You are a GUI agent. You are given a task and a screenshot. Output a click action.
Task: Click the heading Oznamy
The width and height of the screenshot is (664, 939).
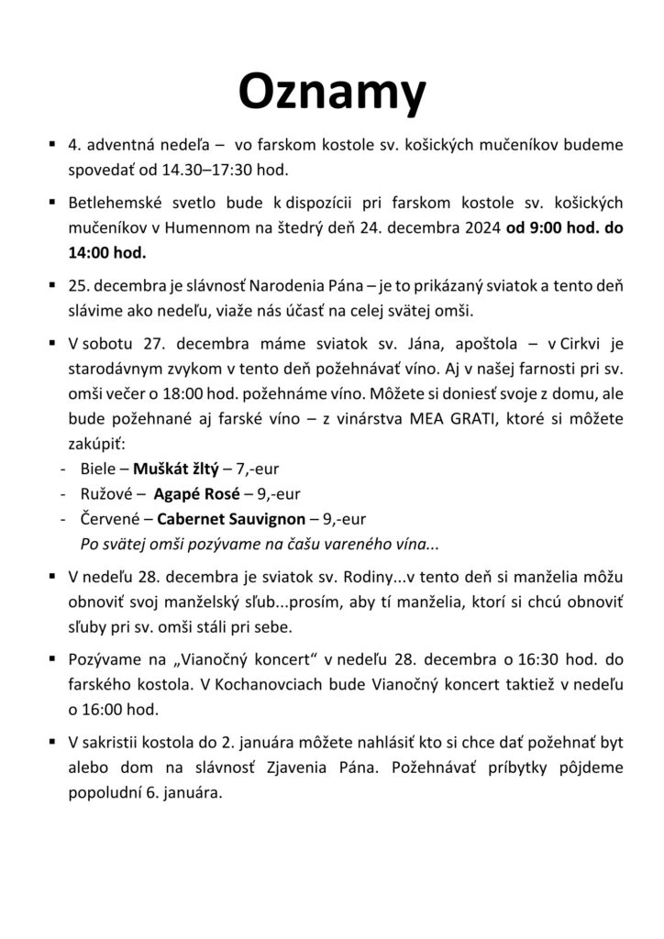click(332, 92)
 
